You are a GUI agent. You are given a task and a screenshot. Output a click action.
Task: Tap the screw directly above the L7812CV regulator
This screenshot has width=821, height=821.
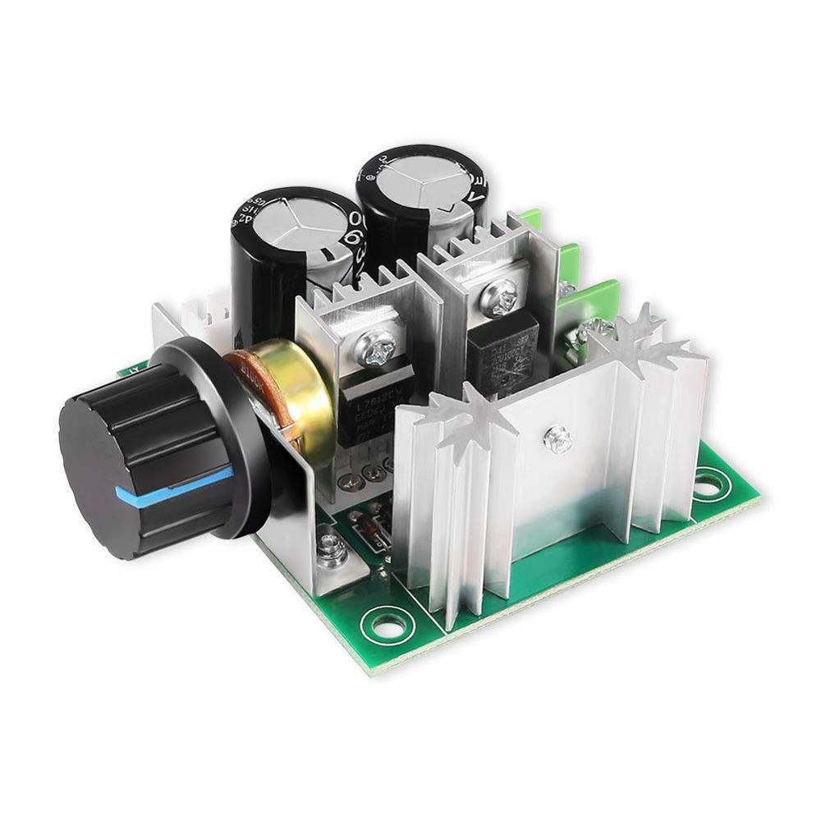coord(378,353)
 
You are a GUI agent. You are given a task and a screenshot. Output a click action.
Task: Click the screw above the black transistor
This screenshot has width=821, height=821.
coord(501,291)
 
